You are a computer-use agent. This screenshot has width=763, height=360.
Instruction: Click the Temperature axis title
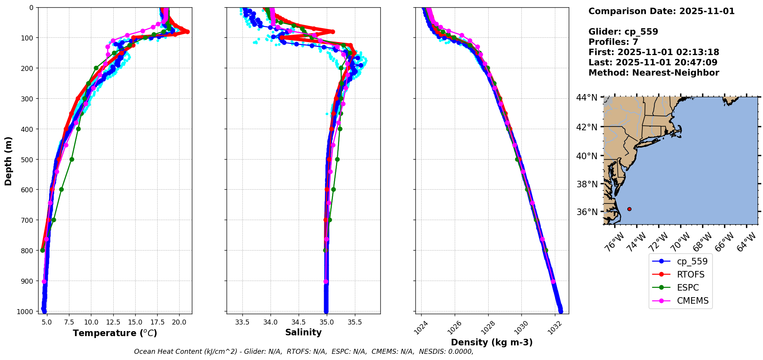point(115,333)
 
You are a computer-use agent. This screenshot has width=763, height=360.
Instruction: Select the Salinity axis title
point(303,332)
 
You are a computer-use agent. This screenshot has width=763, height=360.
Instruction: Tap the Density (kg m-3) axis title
point(492,342)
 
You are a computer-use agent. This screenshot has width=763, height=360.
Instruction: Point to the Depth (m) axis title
point(8,161)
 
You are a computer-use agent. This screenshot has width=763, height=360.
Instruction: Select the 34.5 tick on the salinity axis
point(299,322)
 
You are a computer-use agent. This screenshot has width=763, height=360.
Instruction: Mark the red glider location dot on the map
point(629,209)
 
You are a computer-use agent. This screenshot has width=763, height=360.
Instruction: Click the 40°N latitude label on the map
point(587,156)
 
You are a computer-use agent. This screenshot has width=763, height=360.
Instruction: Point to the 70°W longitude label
point(680,242)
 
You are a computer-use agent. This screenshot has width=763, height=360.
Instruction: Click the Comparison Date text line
point(661,11)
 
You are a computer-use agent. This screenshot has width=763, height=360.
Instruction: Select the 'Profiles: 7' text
point(613,42)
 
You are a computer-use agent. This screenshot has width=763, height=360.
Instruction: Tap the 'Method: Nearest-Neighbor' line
point(654,73)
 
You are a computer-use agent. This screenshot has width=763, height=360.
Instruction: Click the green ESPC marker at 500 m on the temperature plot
point(72,159)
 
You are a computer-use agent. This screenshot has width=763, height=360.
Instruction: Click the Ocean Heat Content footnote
point(304,352)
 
